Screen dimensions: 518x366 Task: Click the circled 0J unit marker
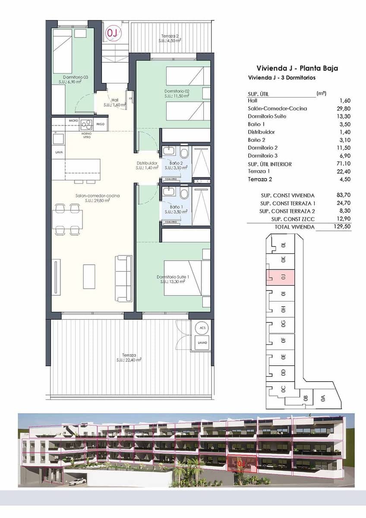click(x=112, y=32)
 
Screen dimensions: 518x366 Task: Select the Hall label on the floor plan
click(x=115, y=102)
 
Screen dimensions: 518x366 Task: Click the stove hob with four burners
click(x=86, y=124)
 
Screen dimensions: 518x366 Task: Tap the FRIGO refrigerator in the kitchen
click(x=101, y=124)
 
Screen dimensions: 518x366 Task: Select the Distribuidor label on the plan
click(x=147, y=165)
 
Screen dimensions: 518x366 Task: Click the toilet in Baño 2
click(x=184, y=153)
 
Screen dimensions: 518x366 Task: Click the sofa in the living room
click(x=123, y=279)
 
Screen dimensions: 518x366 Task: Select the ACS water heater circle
click(x=202, y=328)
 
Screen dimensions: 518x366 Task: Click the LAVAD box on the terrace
click(x=202, y=343)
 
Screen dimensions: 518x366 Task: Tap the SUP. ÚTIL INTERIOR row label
click(x=270, y=164)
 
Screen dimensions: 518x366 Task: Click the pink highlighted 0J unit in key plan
click(x=282, y=277)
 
